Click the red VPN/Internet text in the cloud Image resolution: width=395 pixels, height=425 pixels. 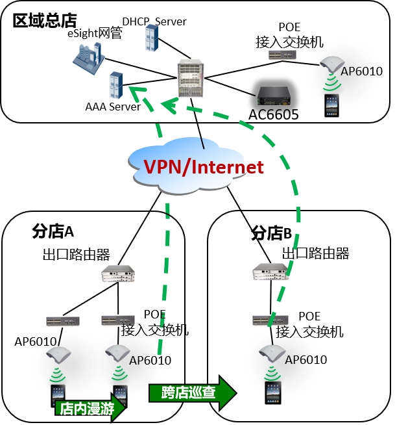tap(204, 167)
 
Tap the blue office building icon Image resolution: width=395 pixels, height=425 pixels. tap(89, 55)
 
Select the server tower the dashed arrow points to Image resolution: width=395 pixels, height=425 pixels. tap(116, 85)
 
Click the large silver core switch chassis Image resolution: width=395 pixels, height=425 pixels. tap(191, 78)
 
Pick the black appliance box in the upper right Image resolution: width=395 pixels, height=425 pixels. tap(274, 96)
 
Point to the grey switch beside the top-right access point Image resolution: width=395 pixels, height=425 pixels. tap(282, 55)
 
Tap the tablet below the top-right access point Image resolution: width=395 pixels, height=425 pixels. tap(332, 105)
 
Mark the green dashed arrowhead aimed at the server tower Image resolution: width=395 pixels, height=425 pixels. tap(135, 92)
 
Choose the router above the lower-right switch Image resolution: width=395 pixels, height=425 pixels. tap(270, 272)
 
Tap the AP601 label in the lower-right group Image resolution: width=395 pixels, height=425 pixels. tap(302, 360)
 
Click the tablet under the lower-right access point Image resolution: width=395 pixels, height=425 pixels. tap(273, 393)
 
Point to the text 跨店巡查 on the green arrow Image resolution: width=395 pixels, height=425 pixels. tap(184, 393)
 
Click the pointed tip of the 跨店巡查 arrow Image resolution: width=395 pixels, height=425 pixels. tap(235, 393)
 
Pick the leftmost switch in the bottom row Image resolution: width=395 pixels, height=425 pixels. tap(63, 321)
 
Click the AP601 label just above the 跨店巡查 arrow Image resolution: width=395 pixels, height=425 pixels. tap(143, 361)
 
